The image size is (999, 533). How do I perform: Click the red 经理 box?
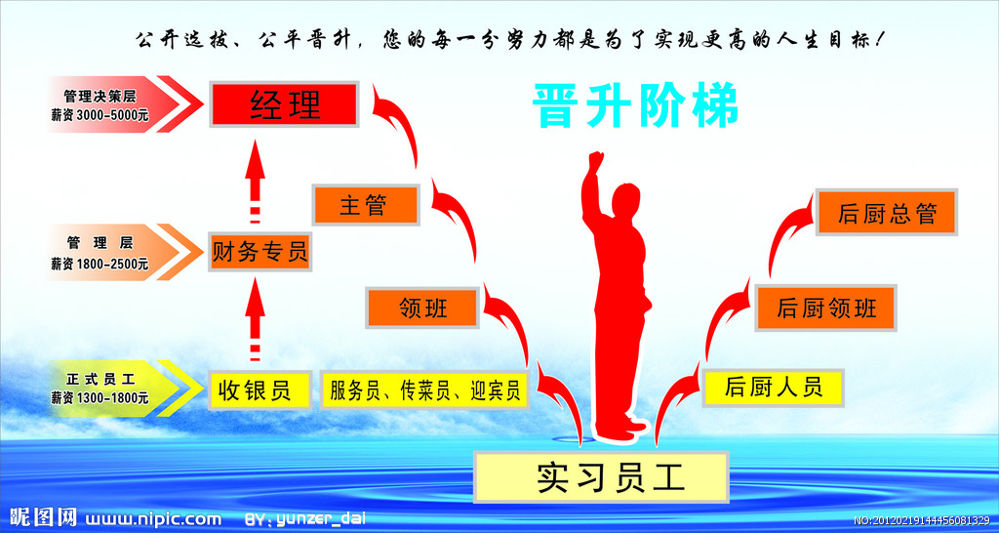(284, 103)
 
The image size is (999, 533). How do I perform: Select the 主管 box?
(366, 205)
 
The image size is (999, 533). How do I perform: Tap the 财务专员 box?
(260, 252)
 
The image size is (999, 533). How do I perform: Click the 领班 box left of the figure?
(422, 307)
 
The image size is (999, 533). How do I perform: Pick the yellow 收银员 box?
(260, 389)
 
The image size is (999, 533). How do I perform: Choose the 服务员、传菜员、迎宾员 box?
(424, 389)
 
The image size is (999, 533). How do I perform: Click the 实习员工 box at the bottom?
(601, 477)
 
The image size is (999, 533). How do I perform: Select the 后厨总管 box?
(887, 212)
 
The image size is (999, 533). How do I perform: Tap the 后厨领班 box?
(826, 307)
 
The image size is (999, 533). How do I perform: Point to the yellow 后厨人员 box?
(774, 388)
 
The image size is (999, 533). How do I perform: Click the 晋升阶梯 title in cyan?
(635, 105)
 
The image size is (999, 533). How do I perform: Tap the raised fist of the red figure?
(595, 160)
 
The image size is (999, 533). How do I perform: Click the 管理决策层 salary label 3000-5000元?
(100, 116)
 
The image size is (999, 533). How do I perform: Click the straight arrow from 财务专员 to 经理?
(256, 181)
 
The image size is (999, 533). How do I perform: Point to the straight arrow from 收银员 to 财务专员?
(256, 319)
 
